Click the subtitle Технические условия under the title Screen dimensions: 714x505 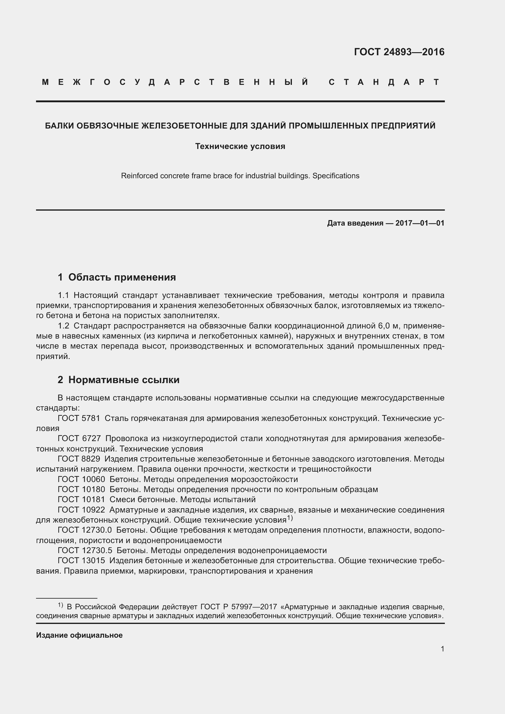[x=240, y=147]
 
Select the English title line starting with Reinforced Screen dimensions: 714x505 [x=240, y=176]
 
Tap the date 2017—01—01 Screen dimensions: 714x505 [x=420, y=223]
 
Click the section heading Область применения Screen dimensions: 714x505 [x=122, y=277]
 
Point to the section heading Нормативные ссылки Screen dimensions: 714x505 [x=124, y=380]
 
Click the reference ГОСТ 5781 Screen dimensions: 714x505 [x=79, y=419]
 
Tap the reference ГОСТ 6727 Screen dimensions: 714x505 [x=79, y=439]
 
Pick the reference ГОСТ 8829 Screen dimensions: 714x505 [x=79, y=459]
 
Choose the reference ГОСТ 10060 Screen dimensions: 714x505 [x=81, y=480]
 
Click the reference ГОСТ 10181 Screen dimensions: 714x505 [x=81, y=500]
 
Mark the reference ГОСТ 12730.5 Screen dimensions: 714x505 [x=85, y=551]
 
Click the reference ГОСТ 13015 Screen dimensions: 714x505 [x=81, y=561]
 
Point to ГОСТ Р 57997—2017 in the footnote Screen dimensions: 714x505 [x=238, y=607]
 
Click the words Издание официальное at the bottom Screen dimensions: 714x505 [x=79, y=635]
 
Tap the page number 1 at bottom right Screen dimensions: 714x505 [x=442, y=649]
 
